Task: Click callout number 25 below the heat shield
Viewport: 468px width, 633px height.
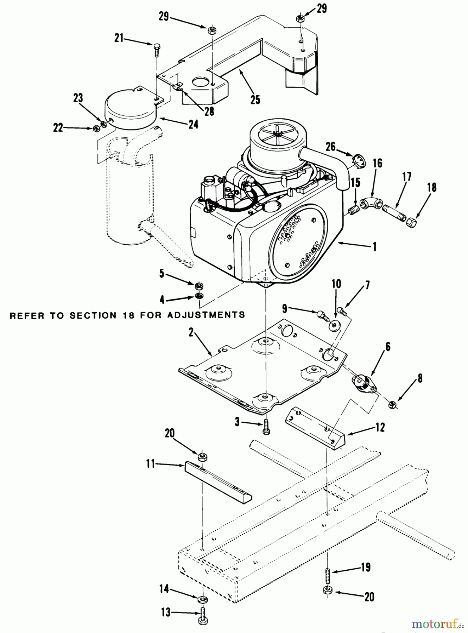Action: pyautogui.click(x=255, y=100)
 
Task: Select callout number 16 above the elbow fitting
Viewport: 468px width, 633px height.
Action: pyautogui.click(x=378, y=164)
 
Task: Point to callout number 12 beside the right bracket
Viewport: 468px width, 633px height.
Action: pyautogui.click(x=380, y=428)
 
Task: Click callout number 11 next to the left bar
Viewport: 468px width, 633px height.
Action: pyautogui.click(x=150, y=464)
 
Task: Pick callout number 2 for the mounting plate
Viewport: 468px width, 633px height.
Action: pyautogui.click(x=191, y=332)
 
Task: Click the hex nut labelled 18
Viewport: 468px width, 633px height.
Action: pyautogui.click(x=411, y=222)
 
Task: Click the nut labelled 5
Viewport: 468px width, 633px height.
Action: pyautogui.click(x=199, y=284)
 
